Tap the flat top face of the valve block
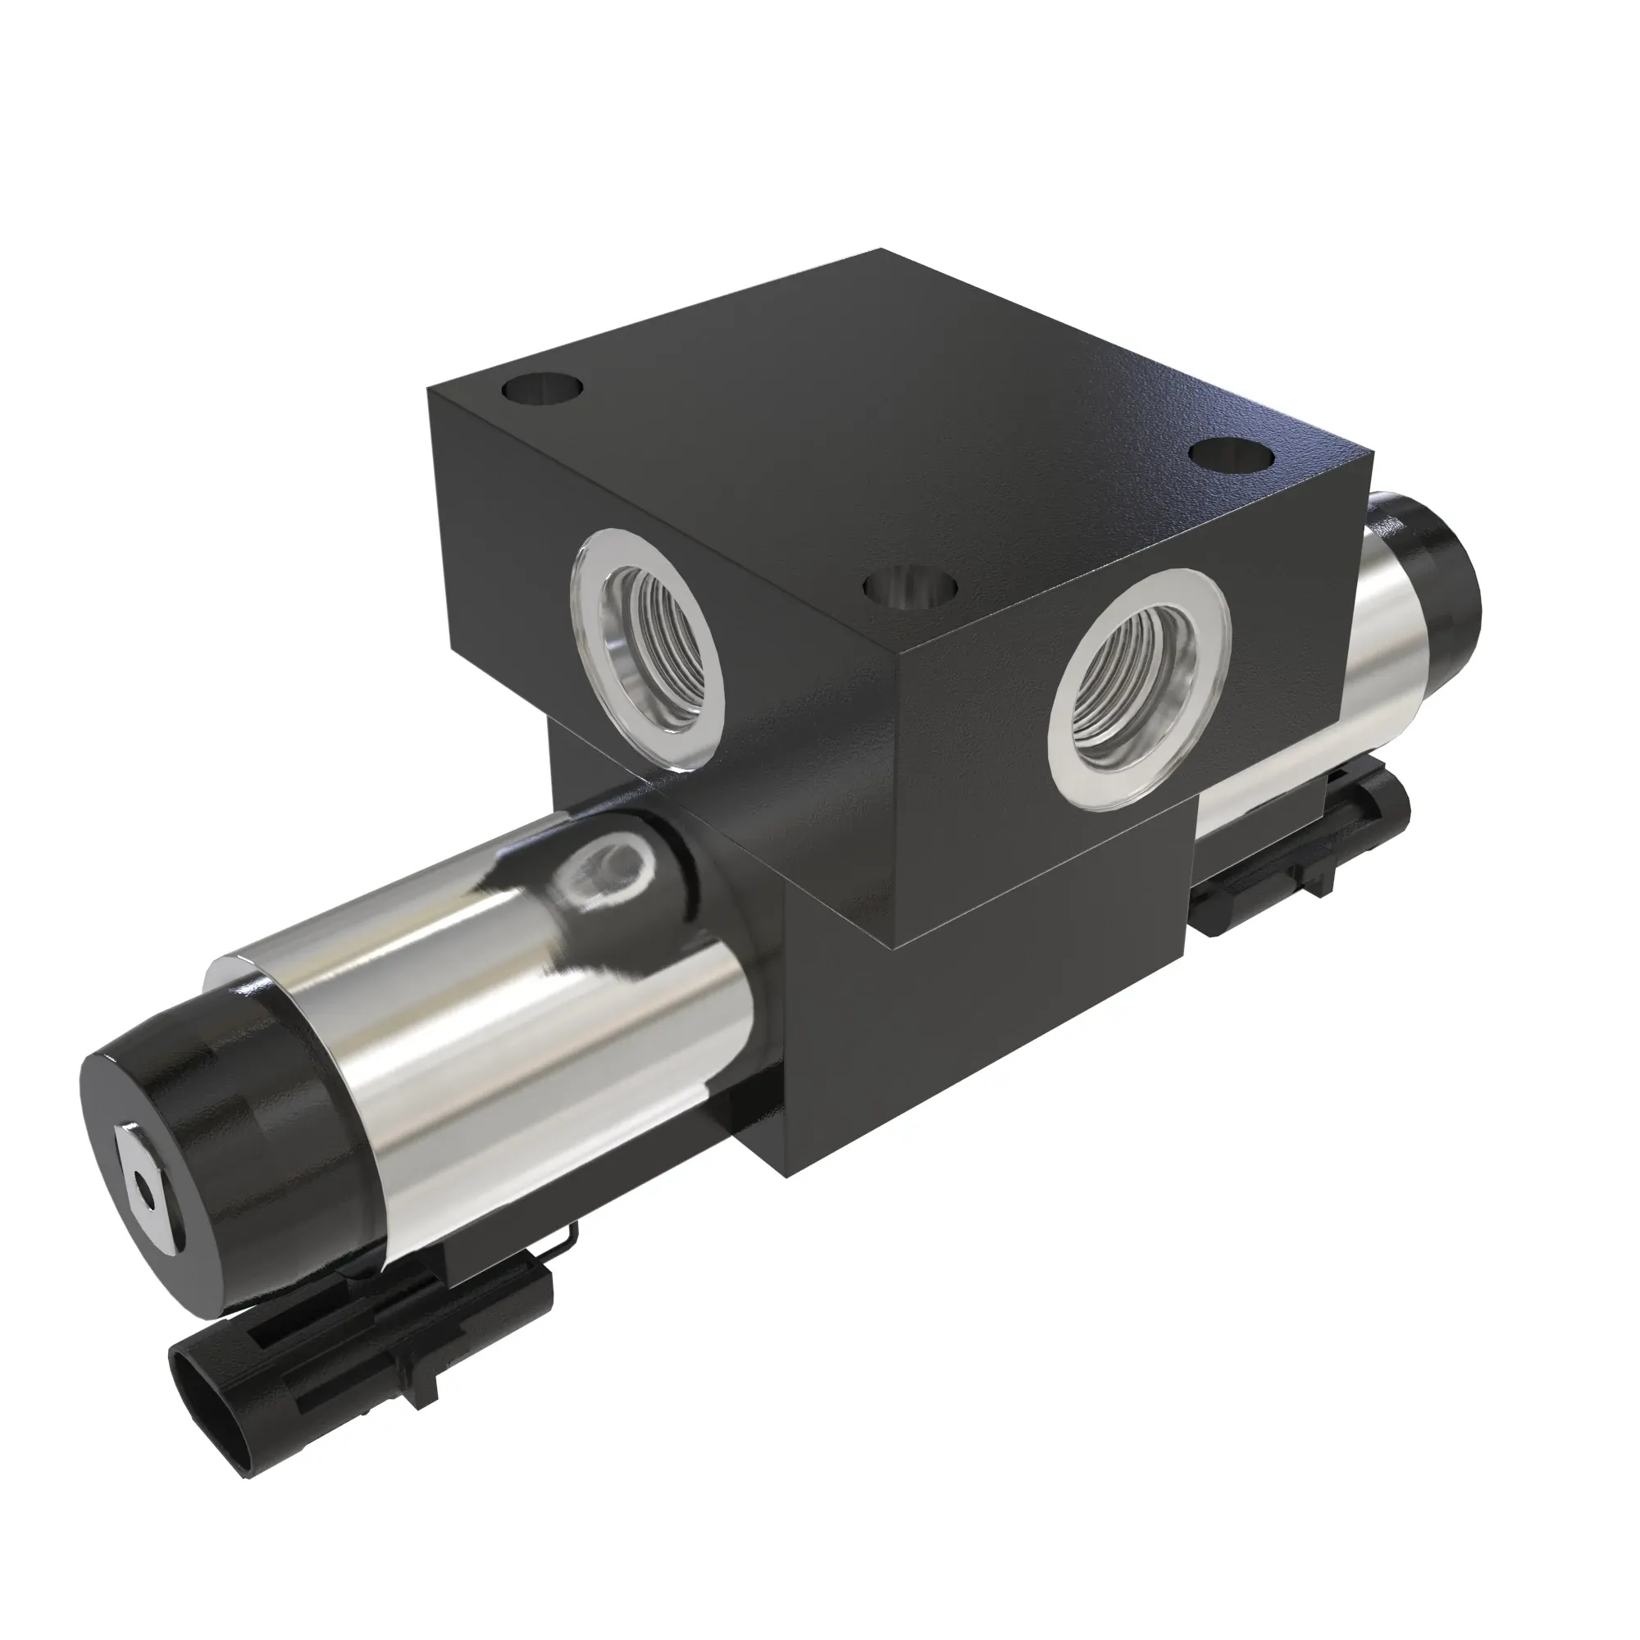click(883, 416)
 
